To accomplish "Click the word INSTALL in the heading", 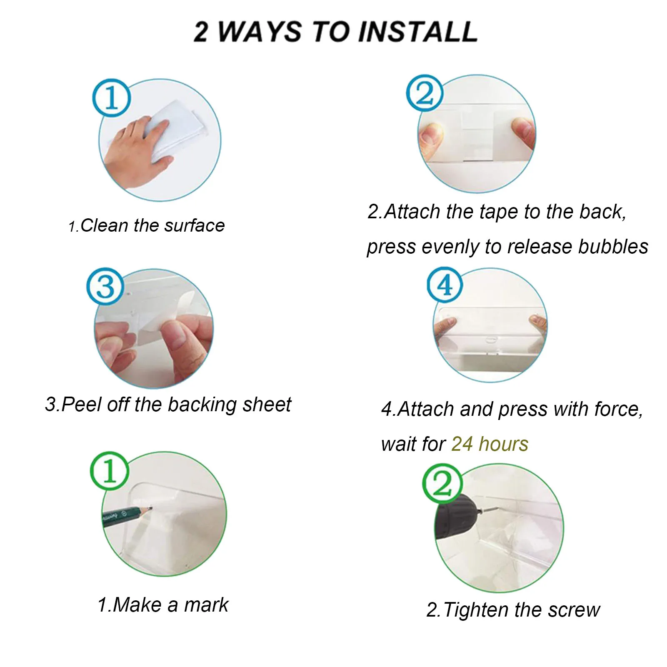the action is point(418,32).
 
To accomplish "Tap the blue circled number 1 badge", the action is point(111,98).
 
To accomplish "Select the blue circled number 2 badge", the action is point(425,93).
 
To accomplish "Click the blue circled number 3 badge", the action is point(105,287).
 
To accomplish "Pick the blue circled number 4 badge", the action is point(445,285).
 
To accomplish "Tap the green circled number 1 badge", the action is point(110,471).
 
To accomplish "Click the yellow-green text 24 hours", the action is point(490,444).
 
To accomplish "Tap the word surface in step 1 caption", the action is point(194,226).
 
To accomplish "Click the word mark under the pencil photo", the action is point(206,605).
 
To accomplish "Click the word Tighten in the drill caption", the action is point(477,610).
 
